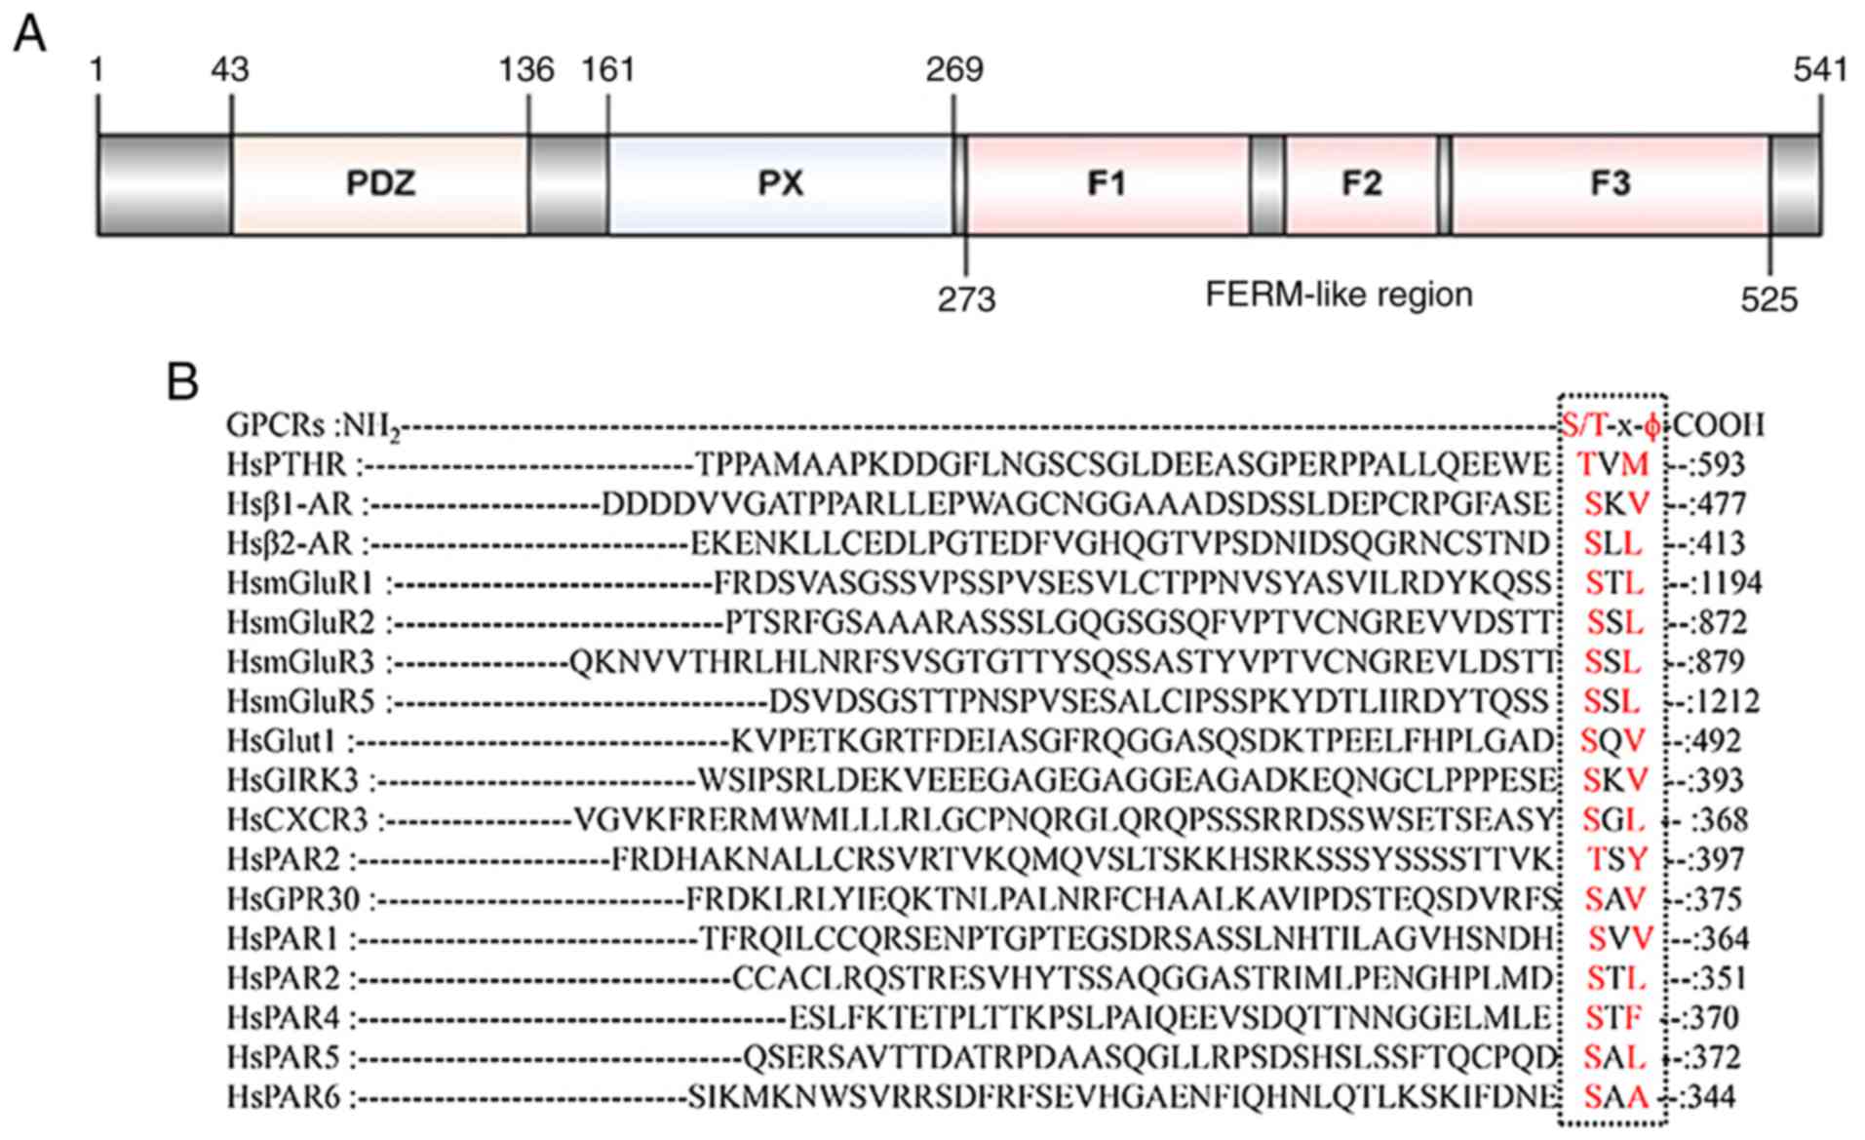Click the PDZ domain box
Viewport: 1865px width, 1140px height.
point(380,184)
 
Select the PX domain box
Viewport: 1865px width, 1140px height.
point(780,184)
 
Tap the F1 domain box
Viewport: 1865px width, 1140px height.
point(1107,184)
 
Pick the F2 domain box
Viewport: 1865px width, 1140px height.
point(1361,184)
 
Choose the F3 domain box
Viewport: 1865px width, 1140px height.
point(1611,184)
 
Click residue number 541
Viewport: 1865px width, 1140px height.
point(1820,70)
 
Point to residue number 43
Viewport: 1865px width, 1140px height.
point(230,70)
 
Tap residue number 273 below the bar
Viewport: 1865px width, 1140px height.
point(966,299)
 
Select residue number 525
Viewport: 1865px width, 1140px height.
point(1768,299)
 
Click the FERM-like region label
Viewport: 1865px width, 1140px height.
point(1339,294)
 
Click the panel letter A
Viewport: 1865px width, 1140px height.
point(30,36)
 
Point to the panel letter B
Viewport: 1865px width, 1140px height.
point(182,382)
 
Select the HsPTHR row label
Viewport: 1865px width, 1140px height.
point(289,464)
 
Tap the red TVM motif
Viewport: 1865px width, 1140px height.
point(1613,464)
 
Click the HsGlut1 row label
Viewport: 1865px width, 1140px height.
point(281,741)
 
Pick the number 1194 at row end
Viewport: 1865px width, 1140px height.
point(1729,583)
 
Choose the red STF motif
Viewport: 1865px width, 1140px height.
point(1613,1018)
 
